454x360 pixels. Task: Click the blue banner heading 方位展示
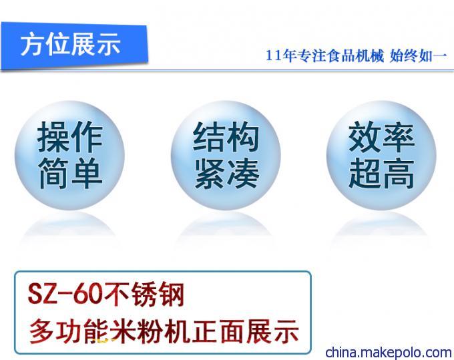pyautogui.click(x=70, y=44)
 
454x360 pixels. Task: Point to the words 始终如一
pyautogui.click(x=419, y=55)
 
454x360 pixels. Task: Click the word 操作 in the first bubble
pyautogui.click(x=70, y=137)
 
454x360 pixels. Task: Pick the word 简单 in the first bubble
pyautogui.click(x=70, y=173)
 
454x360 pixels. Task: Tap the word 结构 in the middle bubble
pyautogui.click(x=226, y=137)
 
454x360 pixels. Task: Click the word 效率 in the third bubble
pyautogui.click(x=381, y=137)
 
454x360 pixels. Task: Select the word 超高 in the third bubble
pyautogui.click(x=381, y=173)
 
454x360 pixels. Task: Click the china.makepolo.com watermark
pyautogui.click(x=389, y=353)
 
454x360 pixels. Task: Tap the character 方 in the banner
pyautogui.click(x=33, y=44)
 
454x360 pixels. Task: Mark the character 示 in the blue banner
pyautogui.click(x=109, y=44)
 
